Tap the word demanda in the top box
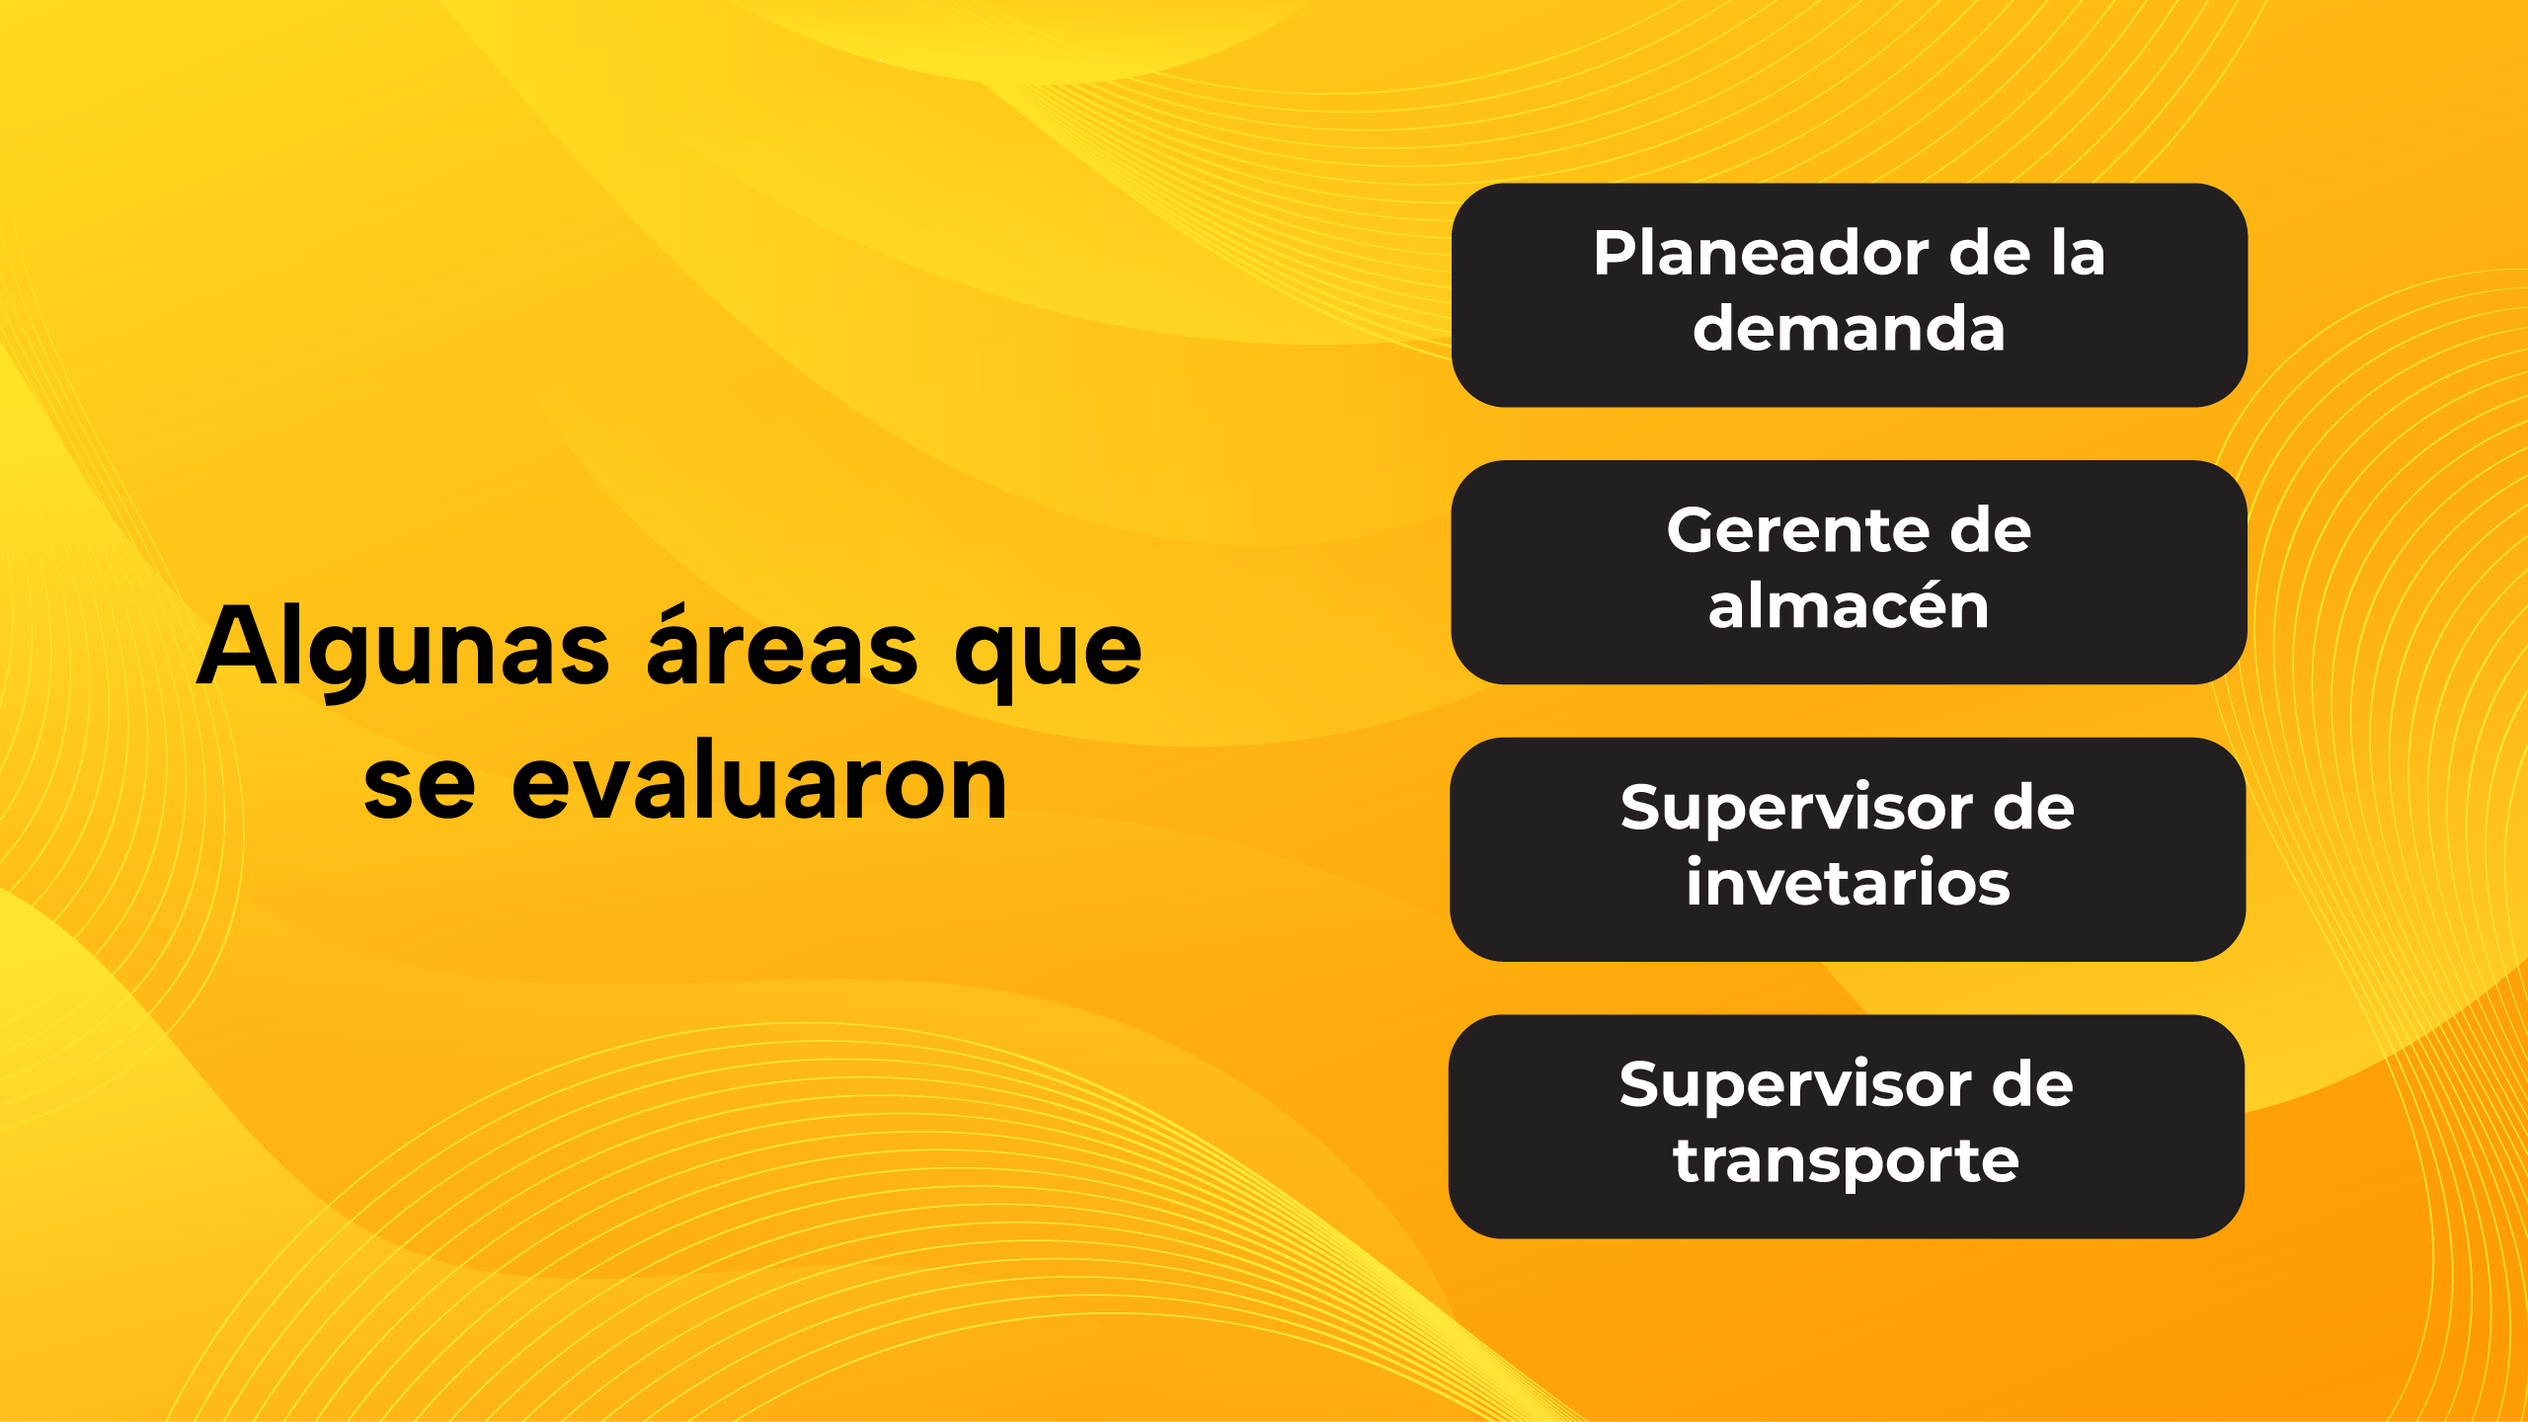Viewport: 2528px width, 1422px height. [1849, 328]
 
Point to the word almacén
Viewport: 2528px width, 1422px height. [1849, 604]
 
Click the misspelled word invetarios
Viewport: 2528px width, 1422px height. [1848, 882]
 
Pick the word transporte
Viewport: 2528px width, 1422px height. [1846, 1160]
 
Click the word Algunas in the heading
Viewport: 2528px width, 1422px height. [403, 649]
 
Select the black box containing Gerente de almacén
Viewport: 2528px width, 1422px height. [1849, 573]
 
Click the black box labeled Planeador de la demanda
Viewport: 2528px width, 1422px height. [1850, 295]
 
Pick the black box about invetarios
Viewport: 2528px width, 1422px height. [1848, 850]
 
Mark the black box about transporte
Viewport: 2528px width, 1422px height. [1847, 1127]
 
